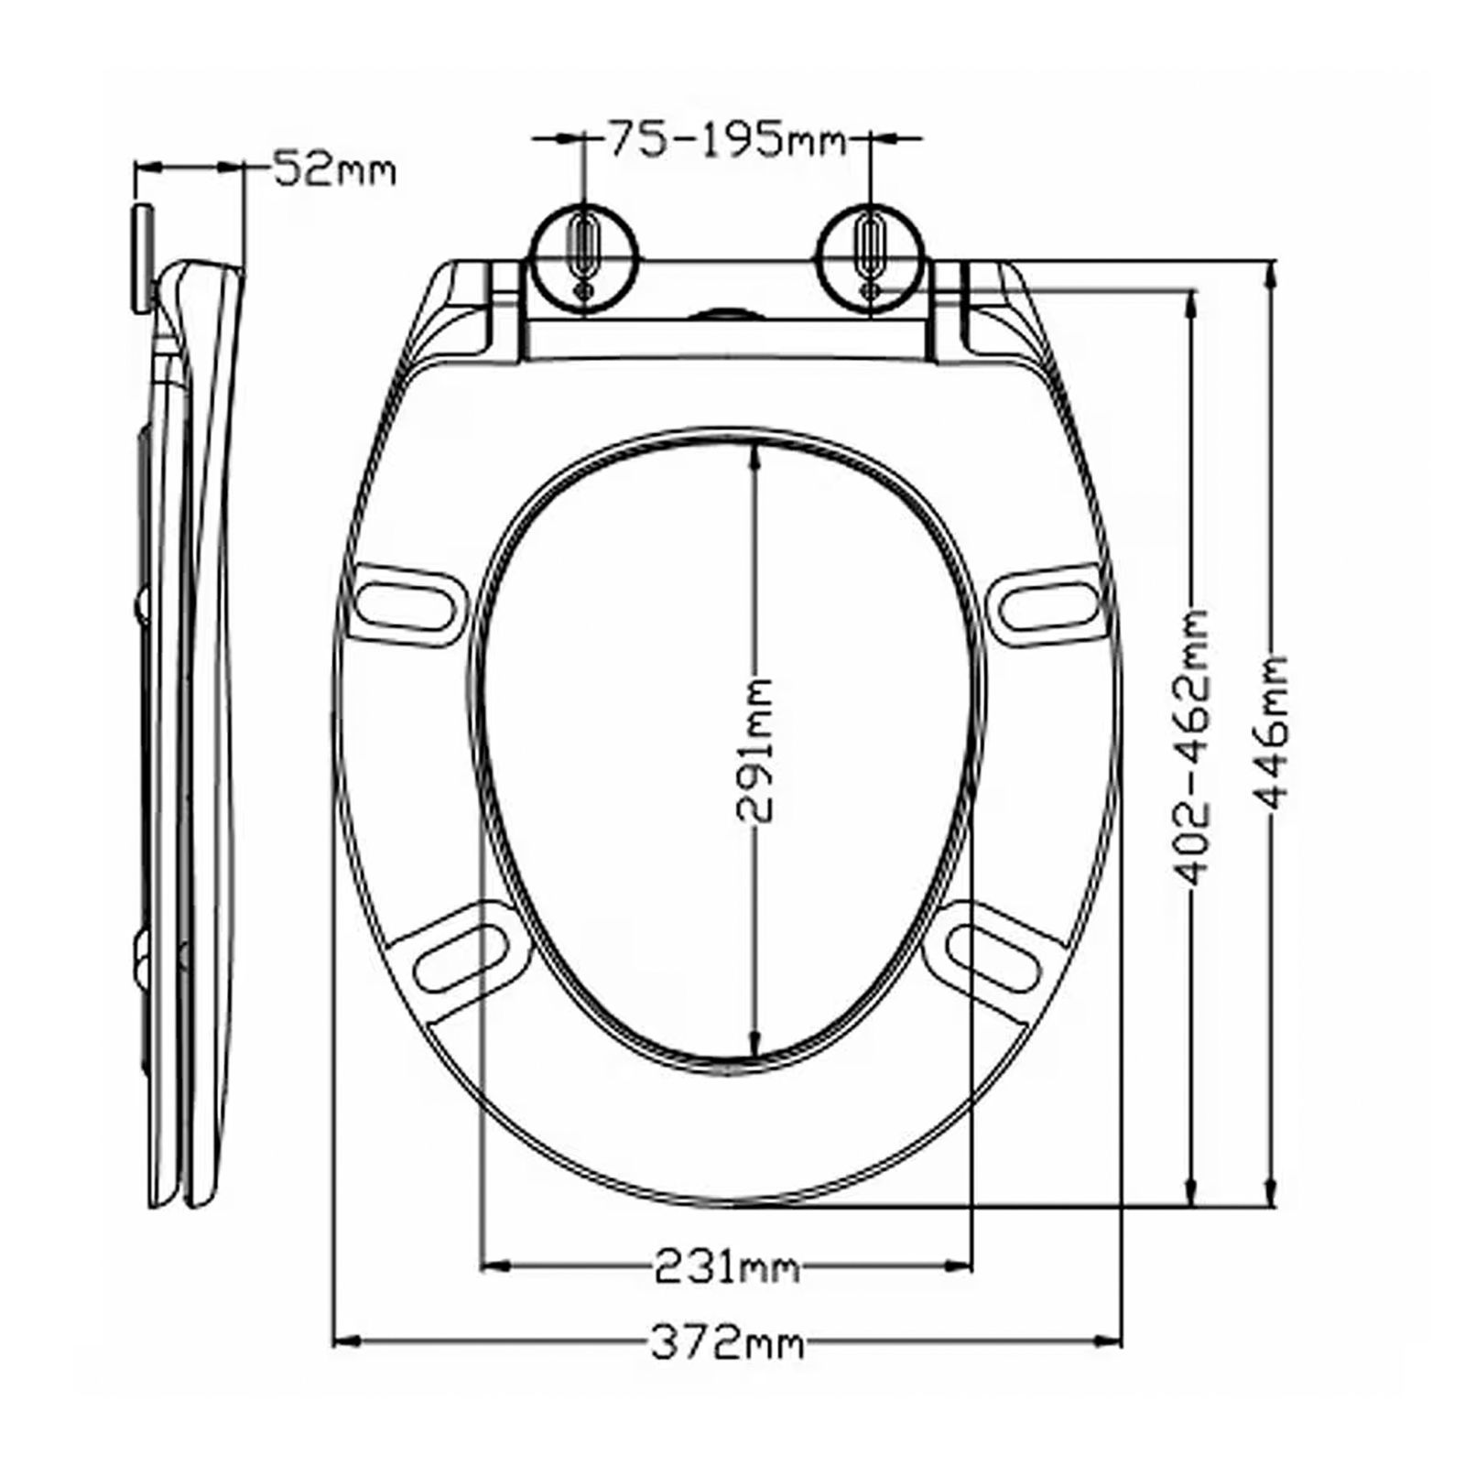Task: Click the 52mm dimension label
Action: point(334,169)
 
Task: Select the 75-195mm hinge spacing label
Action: point(728,140)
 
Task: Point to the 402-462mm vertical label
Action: point(1191,746)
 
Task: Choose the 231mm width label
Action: point(726,1268)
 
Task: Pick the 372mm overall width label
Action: point(726,1344)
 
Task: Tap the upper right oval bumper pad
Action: point(1047,605)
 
